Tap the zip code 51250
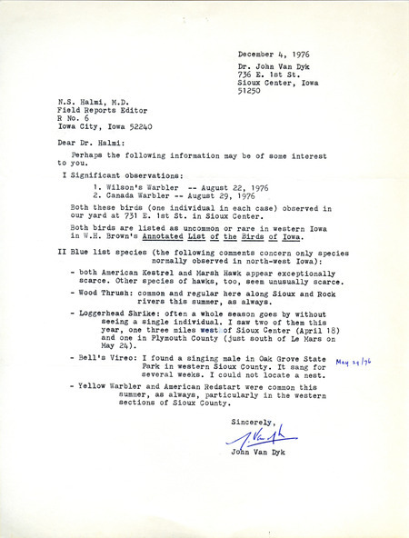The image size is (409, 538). point(252,90)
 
